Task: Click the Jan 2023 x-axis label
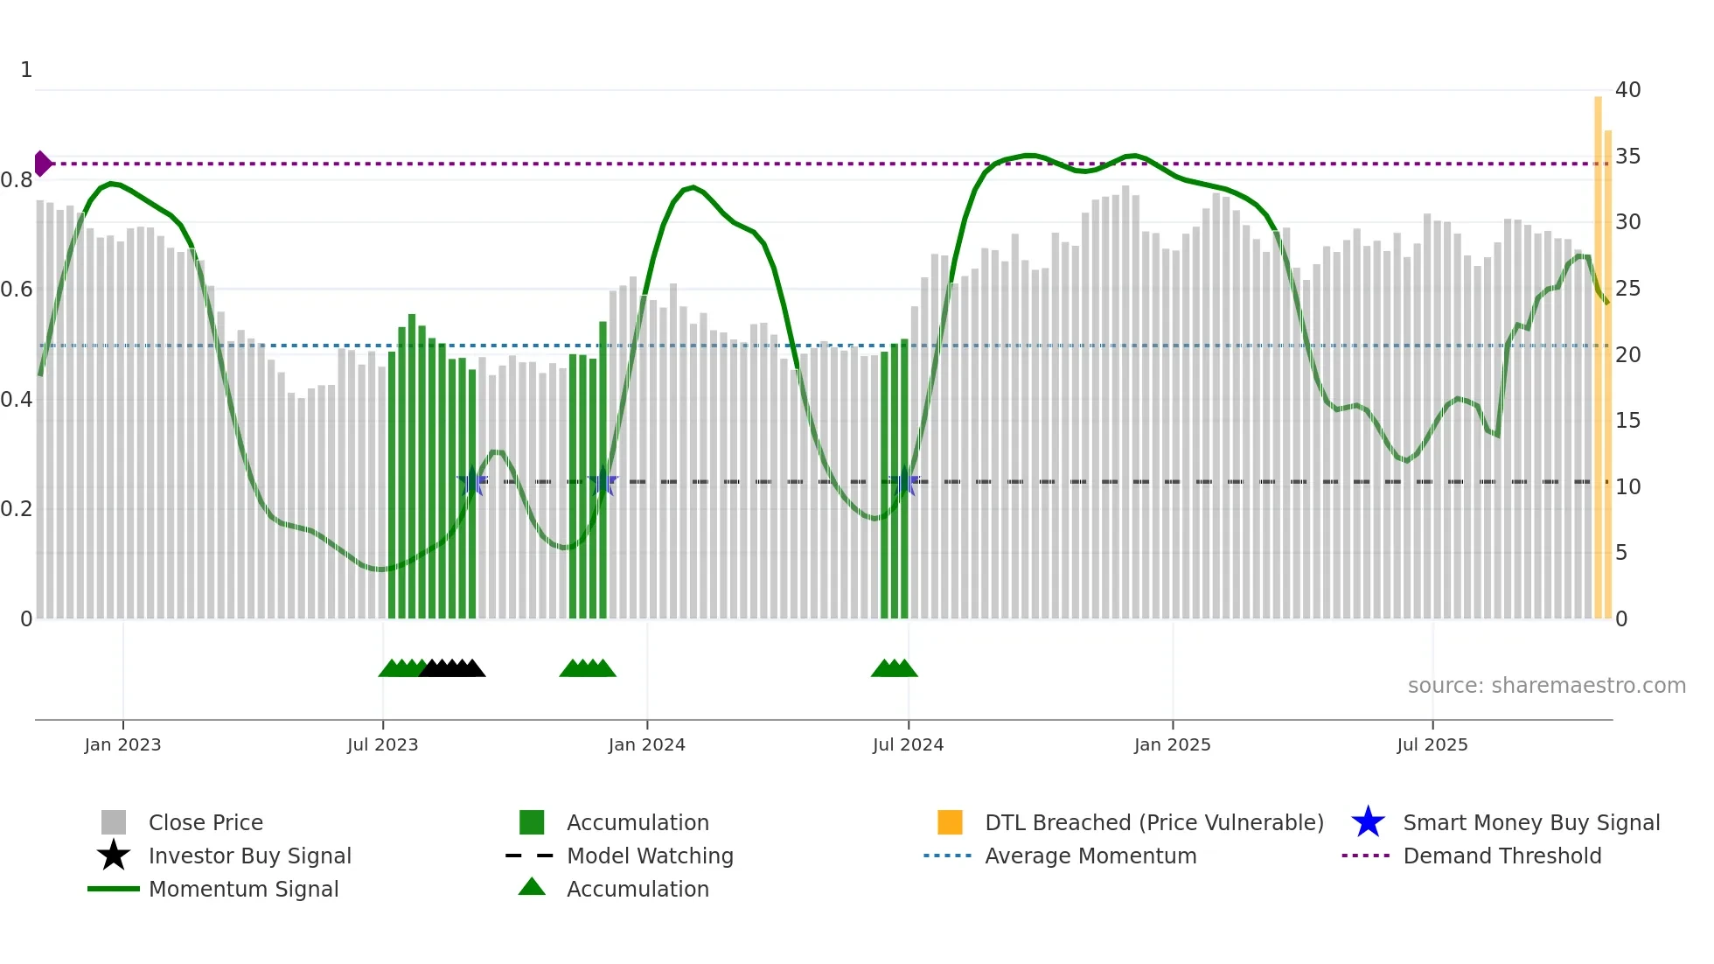[122, 744]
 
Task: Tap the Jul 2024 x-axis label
[908, 744]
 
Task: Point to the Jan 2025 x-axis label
[1172, 744]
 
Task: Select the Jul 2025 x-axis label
[1432, 744]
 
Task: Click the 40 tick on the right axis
[1627, 90]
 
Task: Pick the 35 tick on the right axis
[1627, 157]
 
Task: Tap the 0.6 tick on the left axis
[17, 290]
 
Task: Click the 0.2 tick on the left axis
[17, 509]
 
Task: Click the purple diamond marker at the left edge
[42, 164]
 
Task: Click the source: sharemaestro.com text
[1546, 686]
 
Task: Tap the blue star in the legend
[1368, 822]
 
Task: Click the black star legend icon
[114, 856]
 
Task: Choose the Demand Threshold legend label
[1501, 856]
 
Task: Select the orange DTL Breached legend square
[950, 822]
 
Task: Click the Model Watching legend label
[650, 856]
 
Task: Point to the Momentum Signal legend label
[243, 889]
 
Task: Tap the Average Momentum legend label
[1090, 856]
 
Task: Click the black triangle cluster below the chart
[452, 668]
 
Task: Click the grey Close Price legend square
[114, 822]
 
